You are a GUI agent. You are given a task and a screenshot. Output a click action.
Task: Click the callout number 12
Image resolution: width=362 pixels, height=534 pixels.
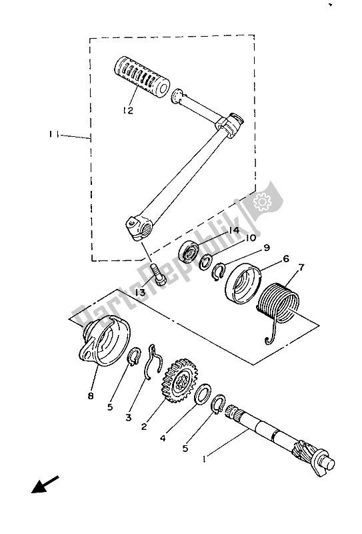[128, 111]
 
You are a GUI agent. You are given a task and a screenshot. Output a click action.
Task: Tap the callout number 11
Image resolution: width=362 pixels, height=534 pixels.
[53, 135]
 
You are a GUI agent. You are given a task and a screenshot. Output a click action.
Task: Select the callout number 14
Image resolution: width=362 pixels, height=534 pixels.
[234, 230]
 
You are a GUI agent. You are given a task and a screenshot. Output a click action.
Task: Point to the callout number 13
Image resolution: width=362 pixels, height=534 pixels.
[140, 292]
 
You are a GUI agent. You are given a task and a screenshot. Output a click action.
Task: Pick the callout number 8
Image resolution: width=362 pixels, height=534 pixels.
[91, 396]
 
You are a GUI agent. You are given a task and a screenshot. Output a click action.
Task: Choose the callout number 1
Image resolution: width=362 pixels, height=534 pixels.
[204, 459]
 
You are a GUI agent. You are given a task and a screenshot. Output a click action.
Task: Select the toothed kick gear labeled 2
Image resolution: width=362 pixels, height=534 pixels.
[181, 380]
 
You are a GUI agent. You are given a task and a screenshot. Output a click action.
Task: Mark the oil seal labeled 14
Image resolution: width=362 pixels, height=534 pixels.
[188, 252]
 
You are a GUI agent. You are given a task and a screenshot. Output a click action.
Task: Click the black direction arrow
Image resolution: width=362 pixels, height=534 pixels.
[45, 485]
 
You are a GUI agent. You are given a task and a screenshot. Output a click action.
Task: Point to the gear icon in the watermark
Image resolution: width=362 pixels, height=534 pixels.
[262, 202]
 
